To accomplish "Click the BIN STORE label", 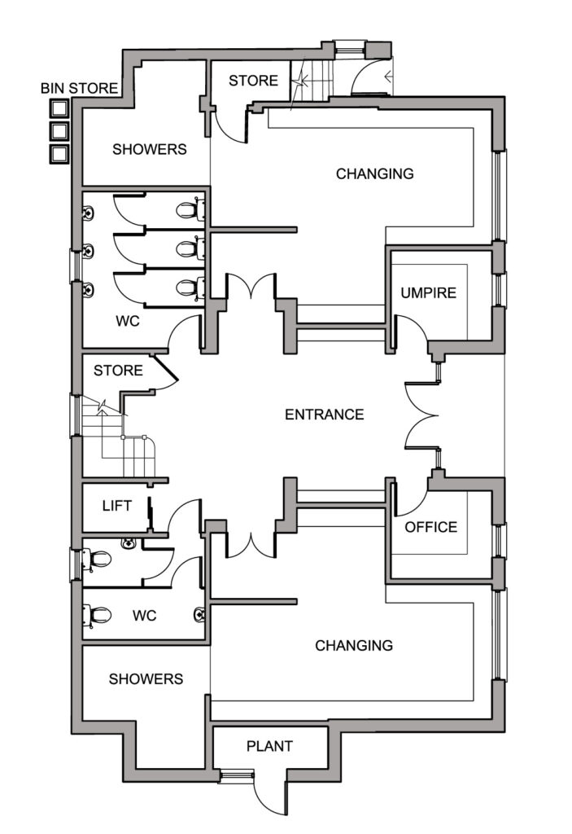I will [x=80, y=88].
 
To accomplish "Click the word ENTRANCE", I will [x=324, y=415].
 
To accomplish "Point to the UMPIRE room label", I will [x=428, y=293].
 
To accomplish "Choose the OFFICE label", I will [x=430, y=527].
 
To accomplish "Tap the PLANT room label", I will [x=269, y=746].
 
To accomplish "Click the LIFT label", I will [x=116, y=506].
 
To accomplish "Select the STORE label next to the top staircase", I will [x=253, y=81].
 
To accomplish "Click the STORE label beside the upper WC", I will [x=118, y=371].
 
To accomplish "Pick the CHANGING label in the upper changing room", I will [x=374, y=173].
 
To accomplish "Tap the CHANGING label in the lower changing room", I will [x=354, y=646].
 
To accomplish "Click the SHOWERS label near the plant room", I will [x=146, y=678].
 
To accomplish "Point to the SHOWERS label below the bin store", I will [x=149, y=149].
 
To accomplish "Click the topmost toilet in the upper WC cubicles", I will [x=189, y=210].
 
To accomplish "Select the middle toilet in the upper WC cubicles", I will [x=189, y=248].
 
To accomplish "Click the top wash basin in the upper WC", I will [x=88, y=212].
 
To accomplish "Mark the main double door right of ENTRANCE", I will [x=423, y=415].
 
